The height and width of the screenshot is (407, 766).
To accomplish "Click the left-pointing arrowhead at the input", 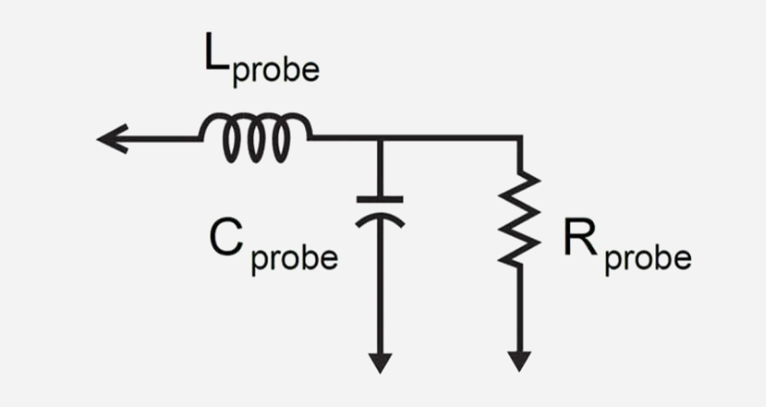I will point(112,139).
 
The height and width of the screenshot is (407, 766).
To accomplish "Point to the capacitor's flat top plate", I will point(380,199).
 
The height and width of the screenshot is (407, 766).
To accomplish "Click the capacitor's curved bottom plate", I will point(380,218).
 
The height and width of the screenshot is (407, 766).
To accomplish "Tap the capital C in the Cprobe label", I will point(226,238).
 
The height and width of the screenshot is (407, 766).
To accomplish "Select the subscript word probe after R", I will point(648,259).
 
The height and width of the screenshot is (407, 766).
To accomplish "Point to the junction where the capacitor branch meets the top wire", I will point(380,139).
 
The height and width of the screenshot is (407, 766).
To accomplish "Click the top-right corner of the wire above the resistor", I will point(519,139).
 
